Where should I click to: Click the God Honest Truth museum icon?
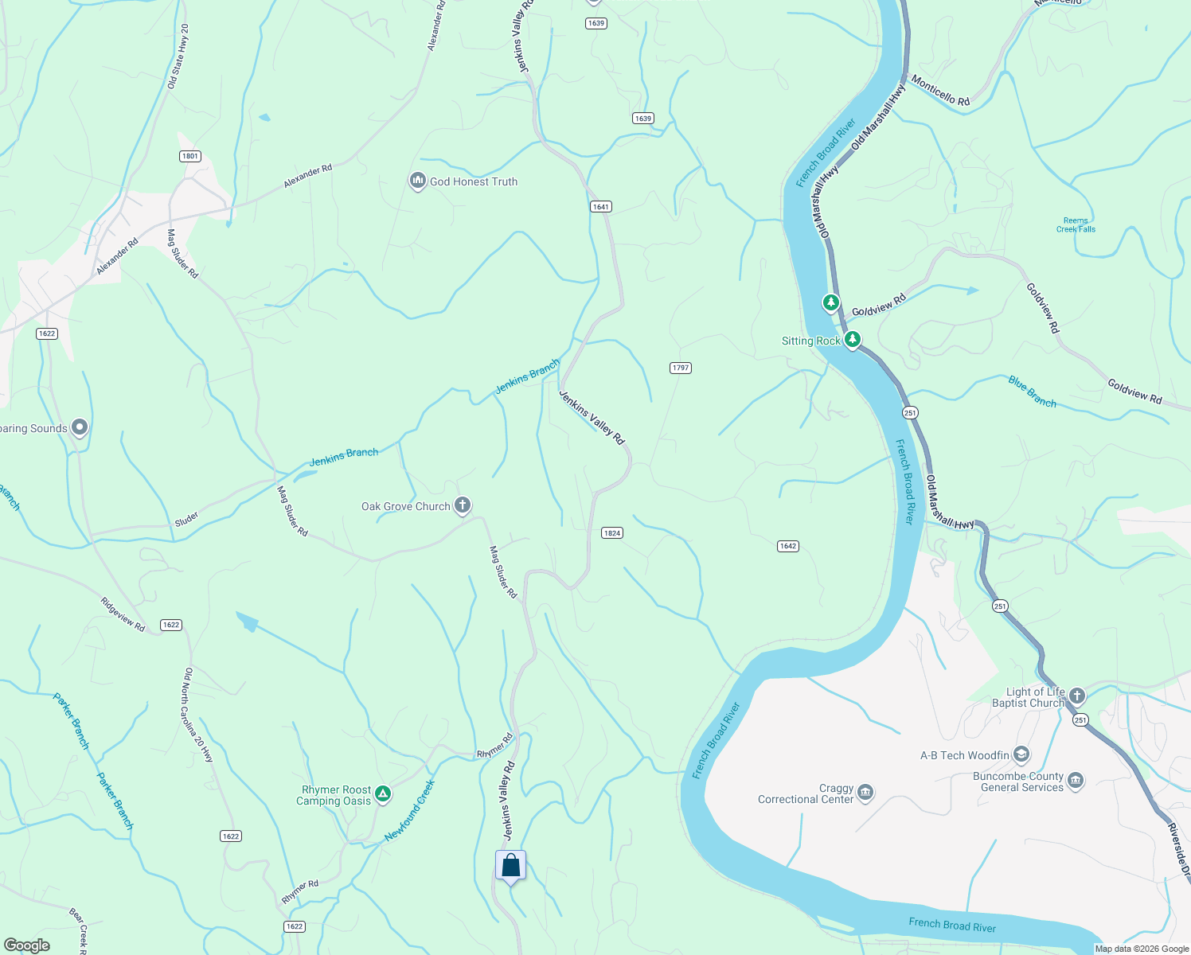click(x=417, y=181)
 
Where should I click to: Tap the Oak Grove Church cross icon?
click(x=463, y=505)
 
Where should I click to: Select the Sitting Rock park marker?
click(x=853, y=341)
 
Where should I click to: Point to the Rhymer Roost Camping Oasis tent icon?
click(x=383, y=793)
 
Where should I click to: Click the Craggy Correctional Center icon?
click(x=866, y=793)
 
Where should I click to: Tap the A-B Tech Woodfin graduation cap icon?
click(x=1022, y=754)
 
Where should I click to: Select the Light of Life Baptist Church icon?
click(x=1077, y=696)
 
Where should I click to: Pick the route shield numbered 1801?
click(x=189, y=156)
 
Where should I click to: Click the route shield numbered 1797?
click(x=680, y=368)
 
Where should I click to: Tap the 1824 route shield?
click(x=611, y=533)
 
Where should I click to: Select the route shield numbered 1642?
click(x=787, y=546)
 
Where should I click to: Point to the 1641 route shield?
click(x=600, y=207)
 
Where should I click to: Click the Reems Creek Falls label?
click(x=1076, y=225)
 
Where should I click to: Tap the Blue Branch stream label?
click(x=1032, y=392)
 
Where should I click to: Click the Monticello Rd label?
click(x=940, y=91)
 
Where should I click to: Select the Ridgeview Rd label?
click(x=123, y=614)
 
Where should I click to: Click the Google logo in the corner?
click(x=26, y=945)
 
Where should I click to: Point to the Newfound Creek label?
click(x=409, y=811)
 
